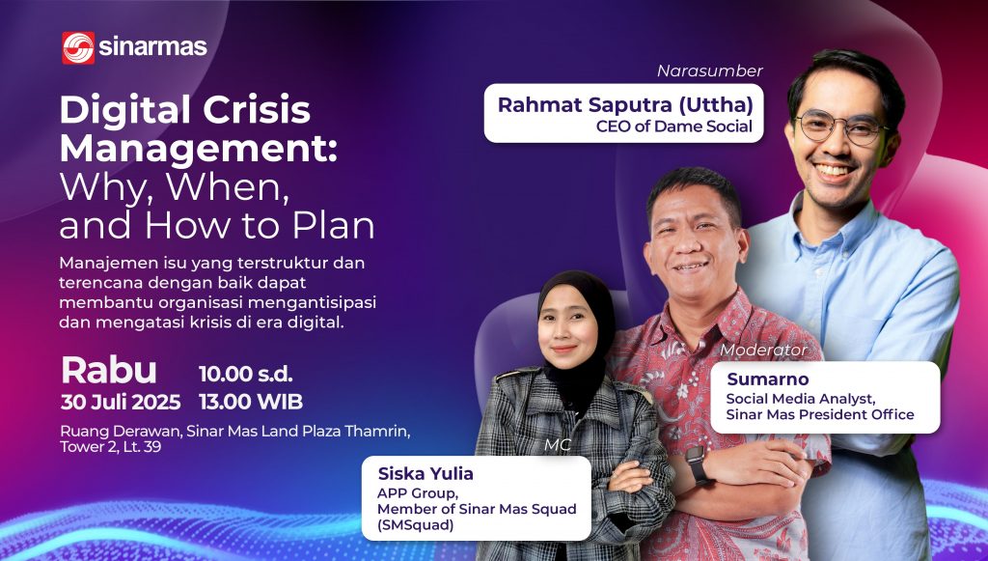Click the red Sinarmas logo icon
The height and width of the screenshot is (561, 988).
point(78,48)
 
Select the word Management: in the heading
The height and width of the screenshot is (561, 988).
point(199,150)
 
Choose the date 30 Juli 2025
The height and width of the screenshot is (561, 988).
point(121,402)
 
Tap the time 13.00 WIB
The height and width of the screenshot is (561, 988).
point(251,402)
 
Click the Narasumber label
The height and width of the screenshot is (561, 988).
point(709,70)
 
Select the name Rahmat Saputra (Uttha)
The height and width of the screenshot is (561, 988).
point(625,105)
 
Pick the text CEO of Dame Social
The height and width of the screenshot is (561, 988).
point(674,126)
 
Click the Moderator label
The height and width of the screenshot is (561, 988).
point(763,350)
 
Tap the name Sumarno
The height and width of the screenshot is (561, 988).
point(758,379)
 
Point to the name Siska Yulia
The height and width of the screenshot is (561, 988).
point(425,473)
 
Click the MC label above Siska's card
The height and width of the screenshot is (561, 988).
point(558,445)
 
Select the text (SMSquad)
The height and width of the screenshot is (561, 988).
point(415,524)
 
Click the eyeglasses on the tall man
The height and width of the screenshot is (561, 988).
point(840,127)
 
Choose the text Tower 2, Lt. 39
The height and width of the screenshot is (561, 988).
point(110,447)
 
